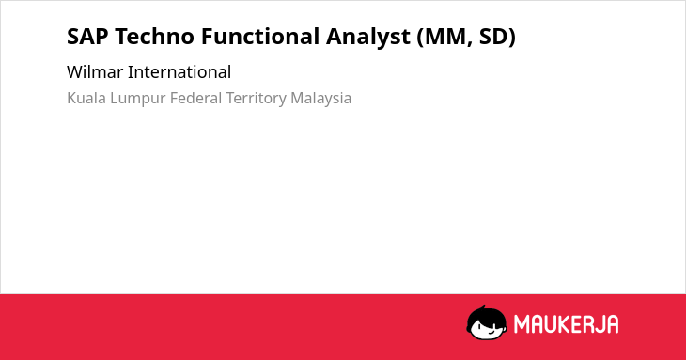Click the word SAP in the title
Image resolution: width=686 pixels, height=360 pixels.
coord(87,37)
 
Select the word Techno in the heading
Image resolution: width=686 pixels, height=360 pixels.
coord(154,37)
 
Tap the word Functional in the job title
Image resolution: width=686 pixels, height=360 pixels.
coord(260,37)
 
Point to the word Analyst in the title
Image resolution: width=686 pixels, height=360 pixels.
coord(368,38)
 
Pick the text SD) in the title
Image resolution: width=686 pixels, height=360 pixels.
coord(497,38)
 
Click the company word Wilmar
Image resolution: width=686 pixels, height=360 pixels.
coord(95,72)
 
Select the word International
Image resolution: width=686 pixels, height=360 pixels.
coord(179,72)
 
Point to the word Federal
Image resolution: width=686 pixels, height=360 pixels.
coord(196,98)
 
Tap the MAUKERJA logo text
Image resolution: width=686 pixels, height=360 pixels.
coord(566,324)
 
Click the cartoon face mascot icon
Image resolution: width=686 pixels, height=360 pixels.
coord(487,322)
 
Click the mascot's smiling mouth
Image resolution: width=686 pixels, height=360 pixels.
coord(491,332)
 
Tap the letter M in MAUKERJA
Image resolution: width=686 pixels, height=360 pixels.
coord(522,324)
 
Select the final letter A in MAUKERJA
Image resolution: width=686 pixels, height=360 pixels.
coord(612,324)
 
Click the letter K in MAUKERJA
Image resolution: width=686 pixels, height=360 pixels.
coord(565,324)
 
